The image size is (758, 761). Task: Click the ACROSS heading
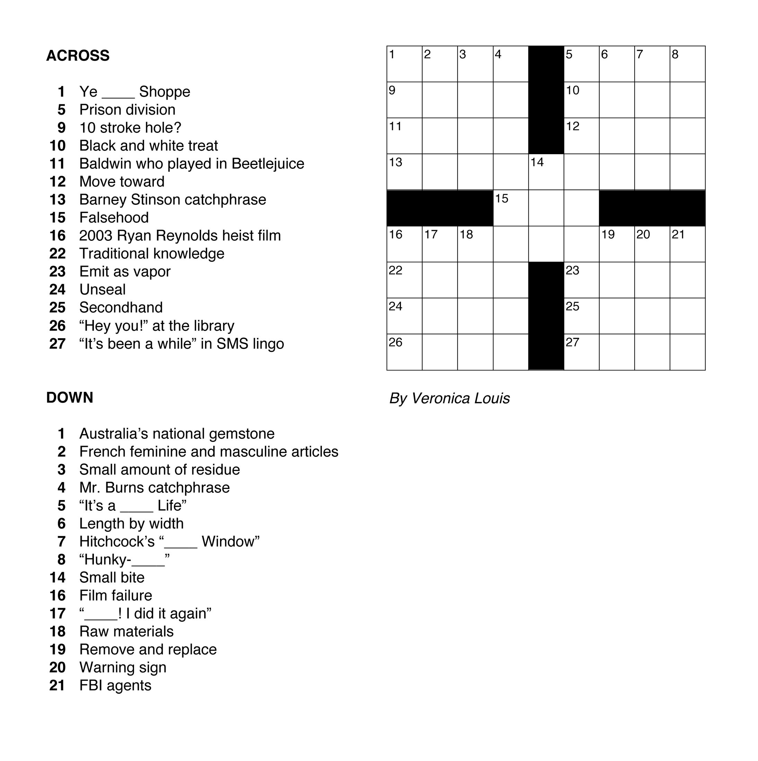point(78,55)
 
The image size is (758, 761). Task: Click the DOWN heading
point(70,397)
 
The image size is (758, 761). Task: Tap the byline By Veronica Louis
point(449,398)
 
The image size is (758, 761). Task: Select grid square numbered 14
point(546,172)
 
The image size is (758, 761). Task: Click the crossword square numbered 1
point(404,64)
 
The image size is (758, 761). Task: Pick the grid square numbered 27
point(582,352)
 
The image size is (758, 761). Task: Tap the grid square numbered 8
point(688,64)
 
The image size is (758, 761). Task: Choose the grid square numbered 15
point(511,208)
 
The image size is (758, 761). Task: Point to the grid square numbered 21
point(688,244)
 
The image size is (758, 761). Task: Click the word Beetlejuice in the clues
point(268,164)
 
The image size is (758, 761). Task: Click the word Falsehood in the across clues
point(114,217)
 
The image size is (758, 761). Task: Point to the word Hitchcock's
point(117,542)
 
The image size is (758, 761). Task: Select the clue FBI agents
point(115,685)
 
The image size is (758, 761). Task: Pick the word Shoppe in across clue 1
point(165,92)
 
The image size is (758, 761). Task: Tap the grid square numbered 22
point(404,280)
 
